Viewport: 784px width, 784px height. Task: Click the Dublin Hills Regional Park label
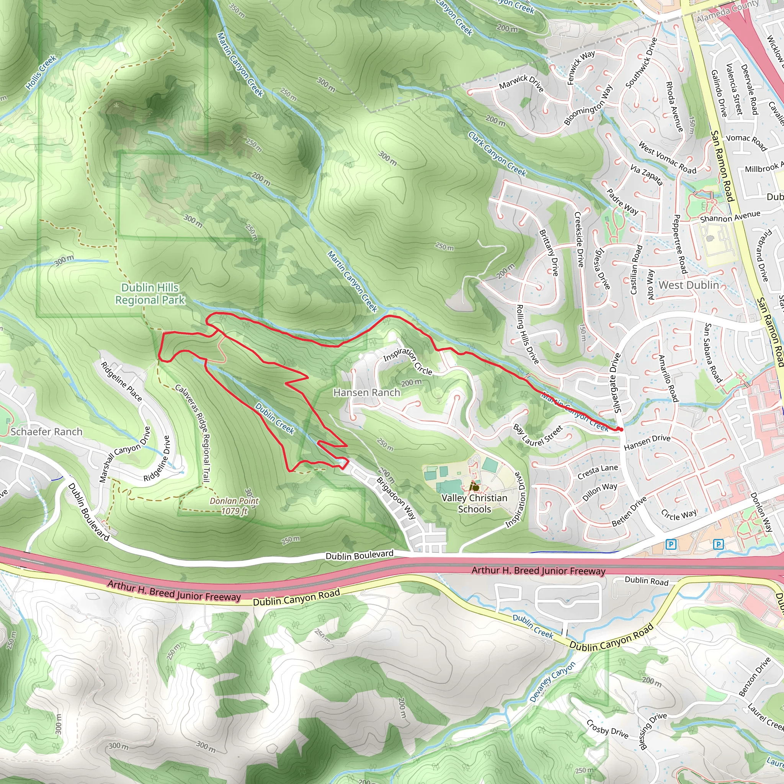click(x=150, y=294)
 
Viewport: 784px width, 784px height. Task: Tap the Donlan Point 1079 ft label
click(x=234, y=506)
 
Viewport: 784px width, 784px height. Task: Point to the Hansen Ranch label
click(x=366, y=392)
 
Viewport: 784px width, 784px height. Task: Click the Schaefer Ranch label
click(x=46, y=431)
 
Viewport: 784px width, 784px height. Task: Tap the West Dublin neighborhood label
click(x=689, y=285)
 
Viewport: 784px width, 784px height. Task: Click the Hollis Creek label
click(x=41, y=72)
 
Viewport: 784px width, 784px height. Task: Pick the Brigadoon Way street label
click(x=396, y=498)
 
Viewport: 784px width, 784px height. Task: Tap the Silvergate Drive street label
click(x=616, y=383)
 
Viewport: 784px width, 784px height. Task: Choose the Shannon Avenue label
click(x=730, y=217)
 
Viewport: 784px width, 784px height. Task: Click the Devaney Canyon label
click(x=552, y=682)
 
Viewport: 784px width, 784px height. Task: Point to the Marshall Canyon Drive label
click(x=124, y=454)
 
